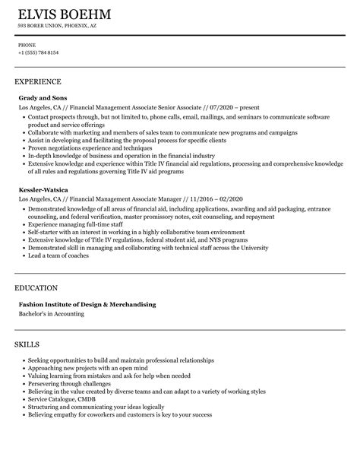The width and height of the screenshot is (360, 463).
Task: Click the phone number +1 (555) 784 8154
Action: (39, 52)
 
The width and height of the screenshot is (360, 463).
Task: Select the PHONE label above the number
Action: (27, 45)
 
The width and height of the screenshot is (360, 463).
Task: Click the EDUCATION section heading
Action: (36, 267)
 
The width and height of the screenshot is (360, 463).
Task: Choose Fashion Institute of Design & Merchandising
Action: (87, 283)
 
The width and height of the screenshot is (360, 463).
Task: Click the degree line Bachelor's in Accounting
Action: (52, 292)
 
